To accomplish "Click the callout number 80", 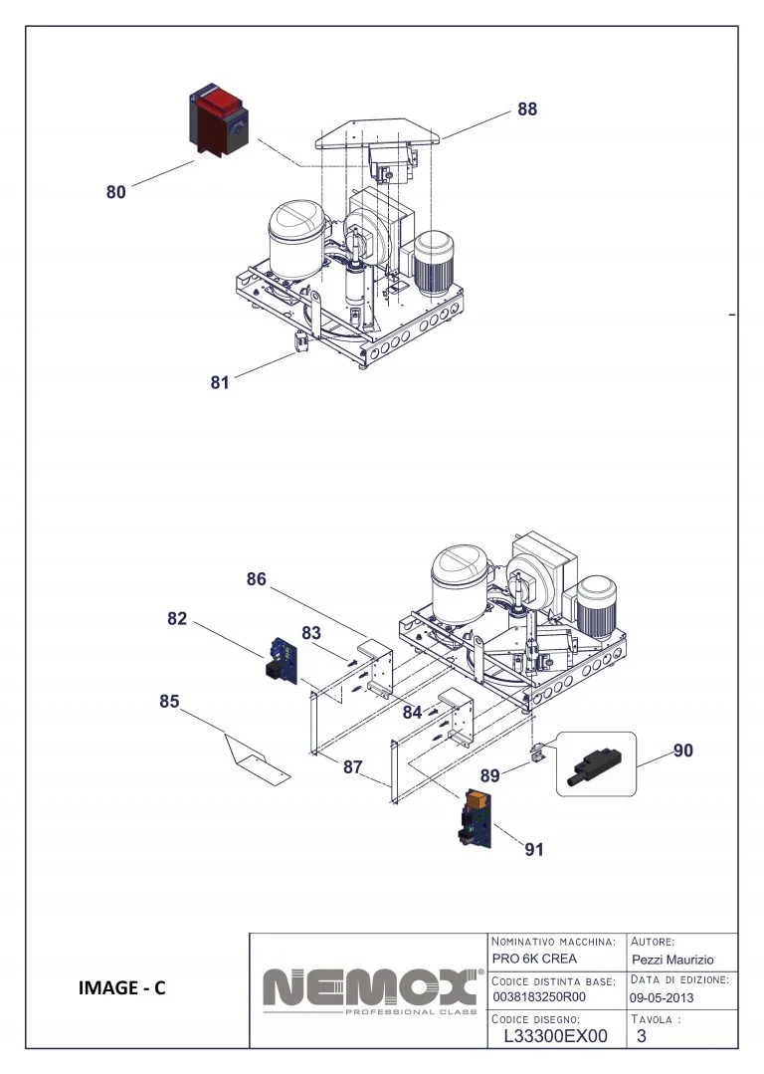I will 116,192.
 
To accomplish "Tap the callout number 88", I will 526,109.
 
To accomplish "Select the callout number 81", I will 220,381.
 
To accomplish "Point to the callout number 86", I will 257,579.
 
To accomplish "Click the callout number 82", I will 177,618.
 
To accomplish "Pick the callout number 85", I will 169,701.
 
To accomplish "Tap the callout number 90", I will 682,751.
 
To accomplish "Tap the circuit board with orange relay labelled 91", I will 475,818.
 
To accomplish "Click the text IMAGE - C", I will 121,987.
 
